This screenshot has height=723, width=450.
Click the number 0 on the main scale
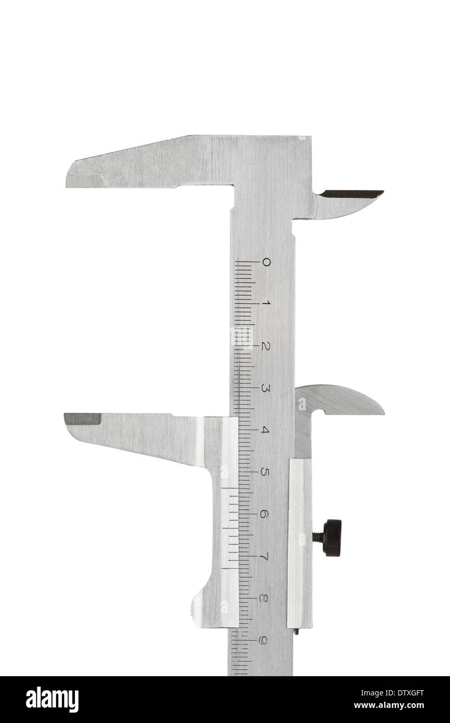266,262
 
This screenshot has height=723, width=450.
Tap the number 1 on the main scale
265,304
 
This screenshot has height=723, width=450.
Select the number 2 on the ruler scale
265,346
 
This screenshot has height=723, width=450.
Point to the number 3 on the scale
265,388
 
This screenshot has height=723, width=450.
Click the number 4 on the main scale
265,430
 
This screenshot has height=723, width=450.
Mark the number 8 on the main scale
263,598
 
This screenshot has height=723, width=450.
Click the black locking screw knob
332,538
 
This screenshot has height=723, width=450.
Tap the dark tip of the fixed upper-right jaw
351,194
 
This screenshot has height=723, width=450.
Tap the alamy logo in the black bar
52,700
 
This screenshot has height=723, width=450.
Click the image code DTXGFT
403,693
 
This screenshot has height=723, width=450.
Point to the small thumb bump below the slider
196,607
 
